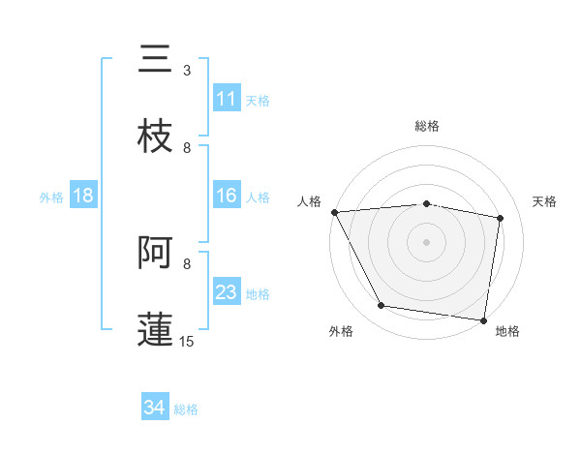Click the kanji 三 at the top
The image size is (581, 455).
point(155,59)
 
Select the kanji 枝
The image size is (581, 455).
point(155,136)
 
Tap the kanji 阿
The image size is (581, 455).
point(155,253)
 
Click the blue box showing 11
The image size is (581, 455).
point(227,99)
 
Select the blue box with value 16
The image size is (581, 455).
point(227,196)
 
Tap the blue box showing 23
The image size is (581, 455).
point(227,292)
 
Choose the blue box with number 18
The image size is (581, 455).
point(83,196)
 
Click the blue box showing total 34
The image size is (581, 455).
point(155,408)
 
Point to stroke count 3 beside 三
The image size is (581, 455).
point(187,71)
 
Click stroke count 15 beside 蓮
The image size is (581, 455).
point(187,341)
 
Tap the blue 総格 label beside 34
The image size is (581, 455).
point(186,409)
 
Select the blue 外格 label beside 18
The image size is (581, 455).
point(51,197)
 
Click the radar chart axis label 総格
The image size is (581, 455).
point(427,126)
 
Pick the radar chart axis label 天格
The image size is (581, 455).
point(545,201)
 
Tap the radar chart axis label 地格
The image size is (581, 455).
point(507,332)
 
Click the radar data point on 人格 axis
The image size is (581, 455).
point(334,211)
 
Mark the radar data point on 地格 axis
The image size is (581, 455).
point(484,319)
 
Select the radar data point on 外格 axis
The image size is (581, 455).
point(382,307)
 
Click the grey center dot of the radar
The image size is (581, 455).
point(427,242)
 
